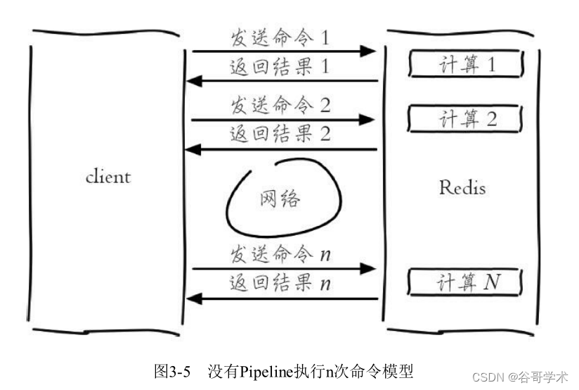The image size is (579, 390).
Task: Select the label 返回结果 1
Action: click(x=280, y=68)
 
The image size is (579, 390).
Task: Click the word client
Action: click(x=108, y=176)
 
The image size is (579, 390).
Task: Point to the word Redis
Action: click(x=462, y=187)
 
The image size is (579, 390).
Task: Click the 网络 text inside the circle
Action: click(x=280, y=199)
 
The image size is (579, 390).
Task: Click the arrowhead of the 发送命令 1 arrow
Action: click(x=367, y=51)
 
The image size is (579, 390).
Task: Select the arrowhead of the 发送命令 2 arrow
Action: click(x=367, y=120)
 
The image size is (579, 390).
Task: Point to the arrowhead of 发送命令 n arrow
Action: click(x=367, y=268)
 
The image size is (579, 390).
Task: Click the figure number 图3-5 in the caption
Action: click(x=172, y=371)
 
